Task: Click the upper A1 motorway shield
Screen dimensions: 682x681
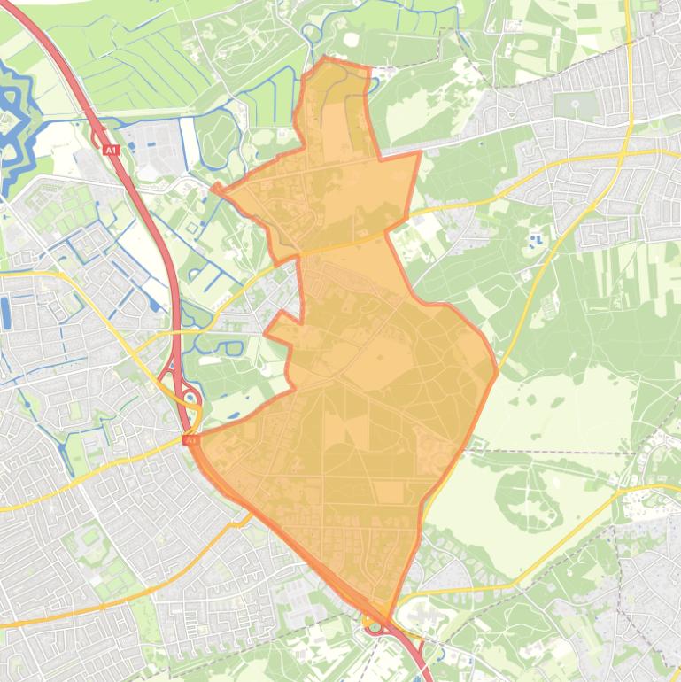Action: pyautogui.click(x=111, y=151)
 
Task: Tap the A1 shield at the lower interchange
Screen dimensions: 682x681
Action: pyautogui.click(x=190, y=438)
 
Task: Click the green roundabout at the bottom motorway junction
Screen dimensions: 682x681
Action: pyautogui.click(x=375, y=627)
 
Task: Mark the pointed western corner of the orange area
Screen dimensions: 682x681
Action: pyautogui.click(x=213, y=187)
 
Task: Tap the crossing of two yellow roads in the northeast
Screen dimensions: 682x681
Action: pyautogui.click(x=625, y=153)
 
